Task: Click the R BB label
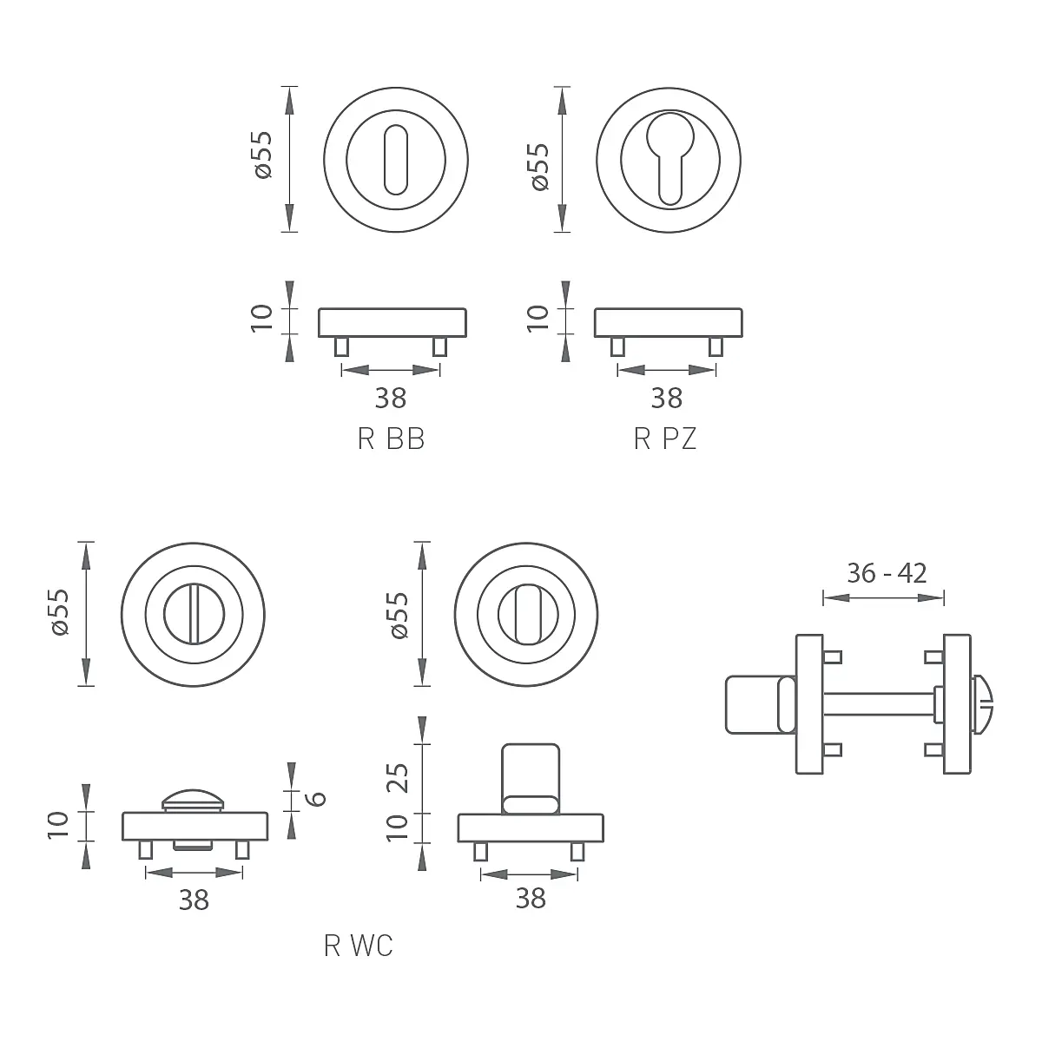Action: pyautogui.click(x=391, y=439)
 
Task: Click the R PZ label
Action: pyautogui.click(x=665, y=439)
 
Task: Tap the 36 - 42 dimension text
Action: pyautogui.click(x=887, y=573)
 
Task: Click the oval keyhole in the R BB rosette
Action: pyautogui.click(x=395, y=160)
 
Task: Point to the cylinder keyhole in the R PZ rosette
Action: pyautogui.click(x=669, y=159)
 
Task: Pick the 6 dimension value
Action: pyautogui.click(x=317, y=799)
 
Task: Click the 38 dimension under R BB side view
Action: pyautogui.click(x=391, y=399)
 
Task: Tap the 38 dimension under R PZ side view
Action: pyautogui.click(x=667, y=399)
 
